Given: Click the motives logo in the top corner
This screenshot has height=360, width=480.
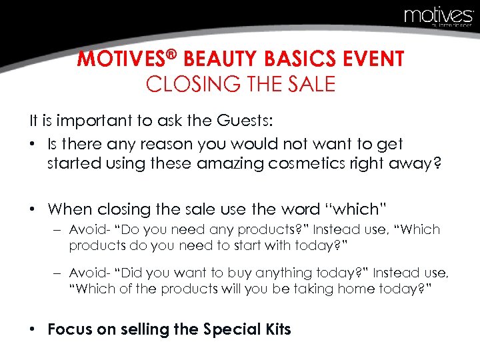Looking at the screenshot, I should click(x=437, y=16).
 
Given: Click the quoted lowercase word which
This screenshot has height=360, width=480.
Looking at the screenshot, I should click(x=351, y=209).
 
